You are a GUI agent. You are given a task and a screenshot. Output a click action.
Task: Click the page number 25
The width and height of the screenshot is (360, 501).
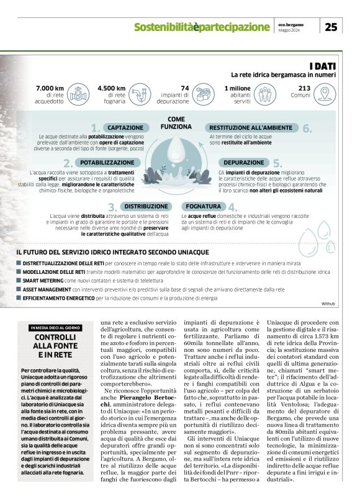tap(331, 26)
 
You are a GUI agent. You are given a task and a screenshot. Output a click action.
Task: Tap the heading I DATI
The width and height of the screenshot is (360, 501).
tap(323, 65)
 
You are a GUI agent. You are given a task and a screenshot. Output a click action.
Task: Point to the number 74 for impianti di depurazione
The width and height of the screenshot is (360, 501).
tap(184, 88)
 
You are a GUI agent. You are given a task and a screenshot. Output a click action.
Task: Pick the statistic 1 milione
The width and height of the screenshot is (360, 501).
tap(238, 88)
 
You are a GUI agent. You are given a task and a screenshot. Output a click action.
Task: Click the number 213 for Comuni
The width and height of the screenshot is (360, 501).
tap(304, 88)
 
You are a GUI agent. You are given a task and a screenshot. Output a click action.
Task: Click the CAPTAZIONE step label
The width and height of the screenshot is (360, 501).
tap(127, 127)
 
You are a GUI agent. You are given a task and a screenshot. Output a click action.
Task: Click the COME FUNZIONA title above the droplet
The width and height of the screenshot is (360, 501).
tap(176, 122)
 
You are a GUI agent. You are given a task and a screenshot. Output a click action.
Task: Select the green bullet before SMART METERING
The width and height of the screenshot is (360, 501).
tap(19, 281)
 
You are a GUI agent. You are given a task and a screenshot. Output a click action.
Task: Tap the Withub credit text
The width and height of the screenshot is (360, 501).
tap(328, 304)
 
